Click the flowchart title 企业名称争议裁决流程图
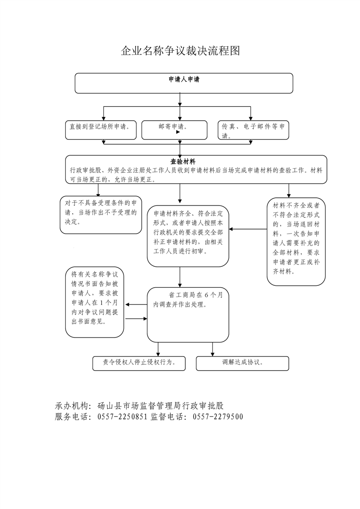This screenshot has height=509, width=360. point(180,51)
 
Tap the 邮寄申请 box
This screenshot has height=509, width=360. point(174,129)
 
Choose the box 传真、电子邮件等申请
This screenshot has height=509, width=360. point(253,130)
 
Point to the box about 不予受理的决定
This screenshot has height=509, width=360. point(101,214)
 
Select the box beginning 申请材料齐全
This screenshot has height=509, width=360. point(188,235)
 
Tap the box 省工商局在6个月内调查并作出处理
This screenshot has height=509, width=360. point(188,314)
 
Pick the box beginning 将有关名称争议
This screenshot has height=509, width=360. point(94,302)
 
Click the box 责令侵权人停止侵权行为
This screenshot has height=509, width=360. point(138,363)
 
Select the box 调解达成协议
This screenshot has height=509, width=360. point(242,363)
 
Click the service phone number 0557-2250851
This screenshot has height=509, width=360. point(122,417)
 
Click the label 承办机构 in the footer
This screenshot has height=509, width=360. point(72,406)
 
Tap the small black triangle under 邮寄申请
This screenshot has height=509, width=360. point(178,132)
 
